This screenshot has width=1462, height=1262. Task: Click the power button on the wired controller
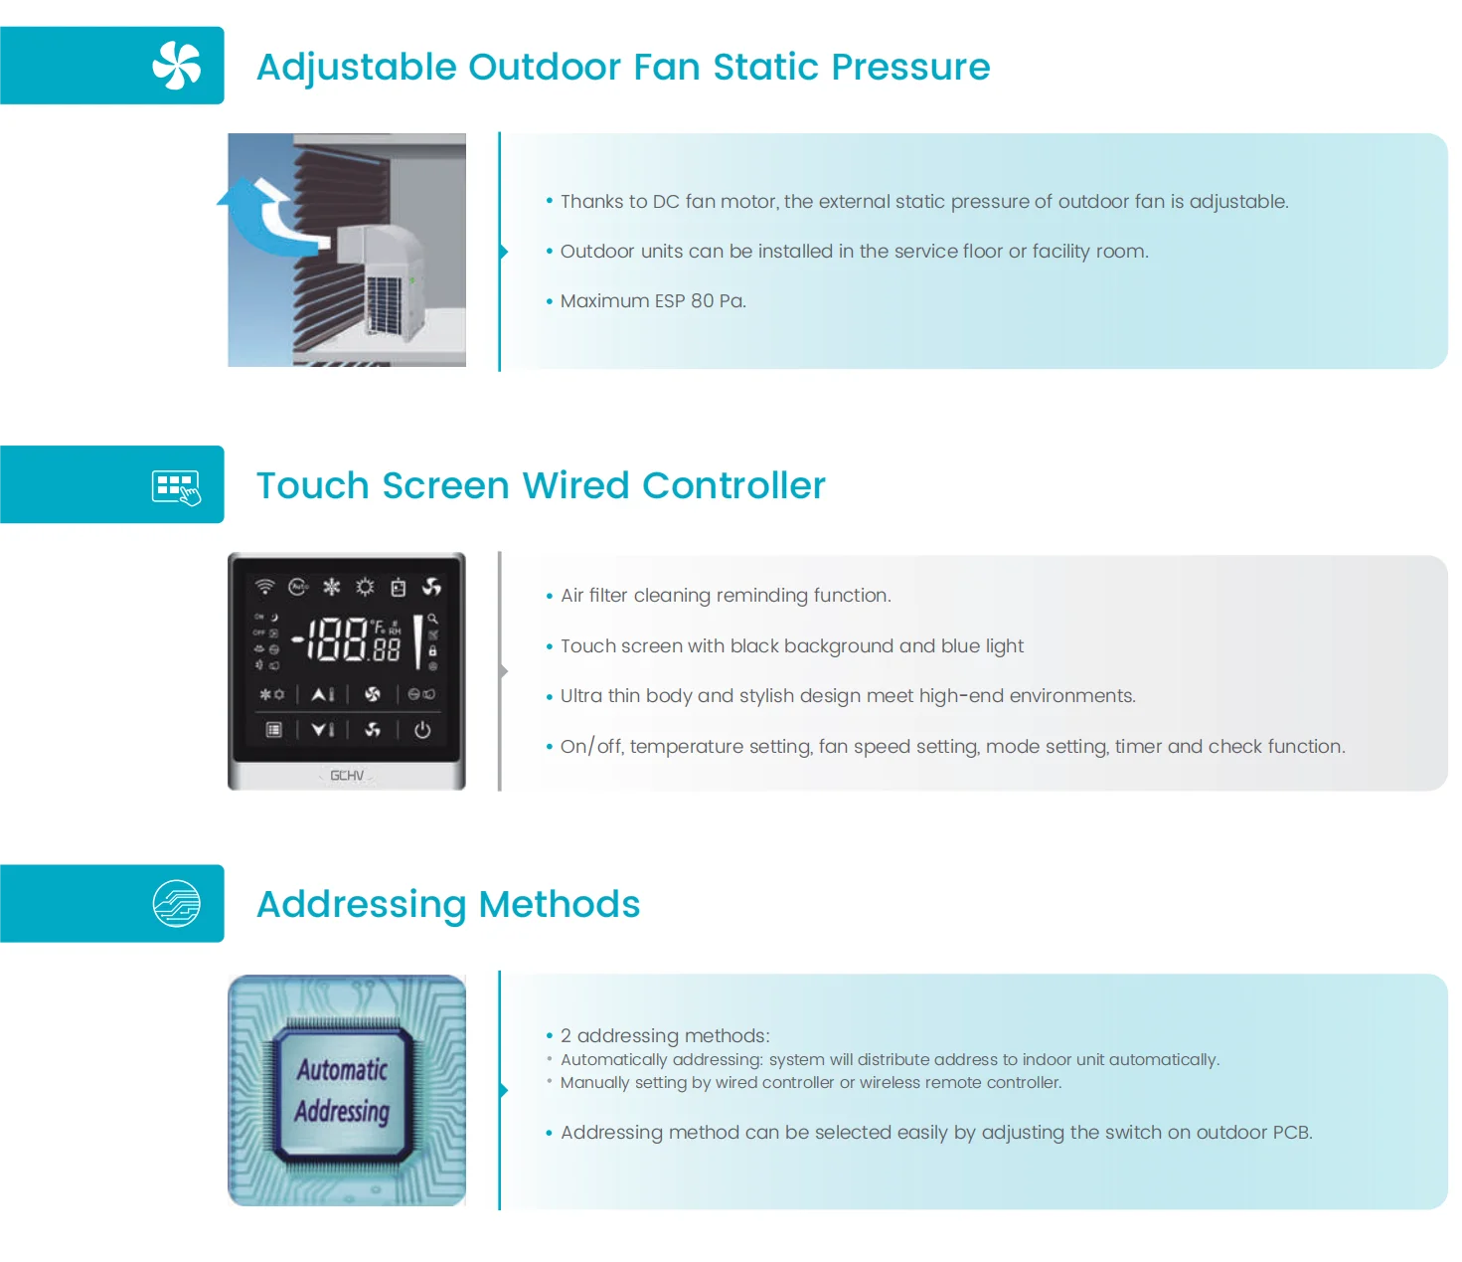(422, 730)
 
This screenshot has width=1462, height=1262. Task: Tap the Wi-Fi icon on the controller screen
(264, 586)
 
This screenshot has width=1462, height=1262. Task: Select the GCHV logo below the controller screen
(347, 776)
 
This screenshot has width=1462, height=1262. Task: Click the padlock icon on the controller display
(432, 650)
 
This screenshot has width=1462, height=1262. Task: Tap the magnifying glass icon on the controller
(432, 619)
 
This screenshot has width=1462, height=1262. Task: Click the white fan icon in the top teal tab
(177, 66)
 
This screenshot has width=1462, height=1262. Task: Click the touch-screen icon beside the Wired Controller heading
(176, 487)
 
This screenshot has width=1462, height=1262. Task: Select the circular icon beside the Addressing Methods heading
(177, 904)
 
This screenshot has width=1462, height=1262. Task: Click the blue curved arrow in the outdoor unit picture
(260, 214)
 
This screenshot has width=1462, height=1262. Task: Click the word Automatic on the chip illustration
(342, 1070)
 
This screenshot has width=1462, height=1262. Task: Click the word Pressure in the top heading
(910, 67)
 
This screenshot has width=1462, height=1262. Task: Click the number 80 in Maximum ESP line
(702, 301)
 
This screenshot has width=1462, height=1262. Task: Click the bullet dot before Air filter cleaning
(549, 596)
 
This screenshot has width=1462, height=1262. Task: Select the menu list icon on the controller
(274, 730)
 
